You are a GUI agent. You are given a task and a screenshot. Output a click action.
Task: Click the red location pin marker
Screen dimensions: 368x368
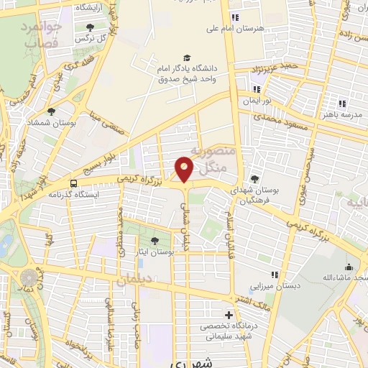click(185, 169)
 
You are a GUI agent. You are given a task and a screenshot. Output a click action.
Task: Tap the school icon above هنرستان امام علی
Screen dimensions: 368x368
click(234, 18)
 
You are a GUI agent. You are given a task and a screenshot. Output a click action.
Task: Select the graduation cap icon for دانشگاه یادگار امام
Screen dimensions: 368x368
click(187, 57)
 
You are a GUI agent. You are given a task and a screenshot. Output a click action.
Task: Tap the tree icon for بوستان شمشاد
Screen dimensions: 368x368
click(51, 111)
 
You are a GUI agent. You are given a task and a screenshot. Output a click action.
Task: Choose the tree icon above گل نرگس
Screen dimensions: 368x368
click(90, 27)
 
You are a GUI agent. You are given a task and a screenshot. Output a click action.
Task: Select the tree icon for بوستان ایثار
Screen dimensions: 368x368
click(155, 240)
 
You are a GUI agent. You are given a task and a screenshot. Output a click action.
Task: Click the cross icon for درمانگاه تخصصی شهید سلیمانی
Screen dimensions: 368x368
click(229, 315)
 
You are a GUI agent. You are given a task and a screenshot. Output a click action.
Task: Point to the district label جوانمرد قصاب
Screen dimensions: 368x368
click(43, 34)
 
